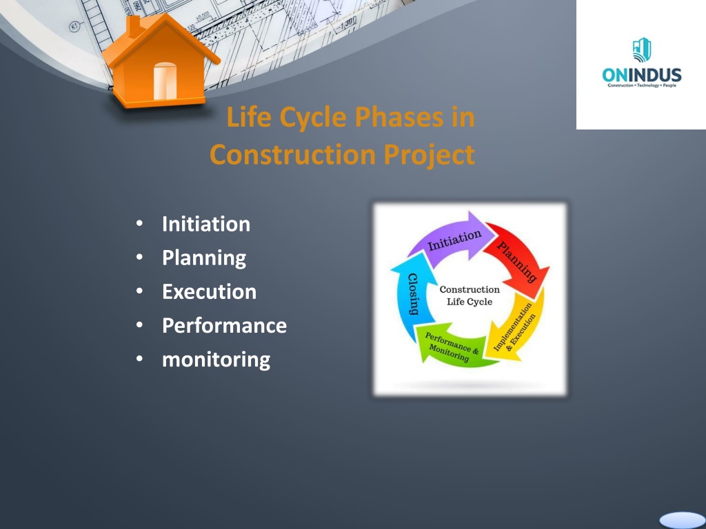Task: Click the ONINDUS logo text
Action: [x=642, y=75]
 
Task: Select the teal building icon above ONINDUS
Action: [x=642, y=50]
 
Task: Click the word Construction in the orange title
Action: [x=292, y=154]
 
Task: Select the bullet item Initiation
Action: [x=205, y=224]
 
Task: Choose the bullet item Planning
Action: [x=204, y=258]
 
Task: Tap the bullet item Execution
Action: [x=210, y=292]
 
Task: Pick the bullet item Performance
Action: [x=224, y=326]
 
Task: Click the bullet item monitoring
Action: [x=216, y=360]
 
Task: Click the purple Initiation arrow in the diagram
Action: [x=452, y=238]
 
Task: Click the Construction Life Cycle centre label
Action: [x=470, y=295]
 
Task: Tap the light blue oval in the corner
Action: [x=682, y=521]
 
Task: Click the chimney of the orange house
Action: [x=133, y=25]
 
